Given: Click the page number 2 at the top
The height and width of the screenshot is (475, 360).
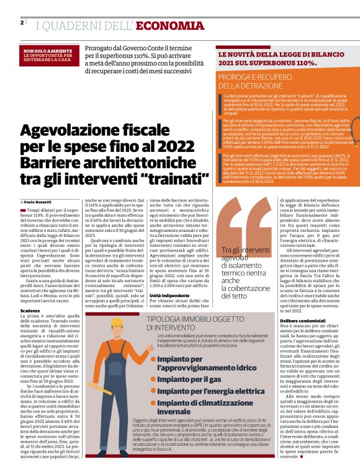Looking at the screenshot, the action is coord(22,23).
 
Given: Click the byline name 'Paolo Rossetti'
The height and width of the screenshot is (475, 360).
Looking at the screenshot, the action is coord(38,202).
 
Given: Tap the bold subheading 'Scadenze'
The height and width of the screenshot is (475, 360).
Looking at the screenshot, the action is coord(30,310).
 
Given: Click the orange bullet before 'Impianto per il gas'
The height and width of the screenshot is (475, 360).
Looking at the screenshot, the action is coord(153,379).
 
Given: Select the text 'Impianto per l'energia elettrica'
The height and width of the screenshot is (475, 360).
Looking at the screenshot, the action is coord(211,391).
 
